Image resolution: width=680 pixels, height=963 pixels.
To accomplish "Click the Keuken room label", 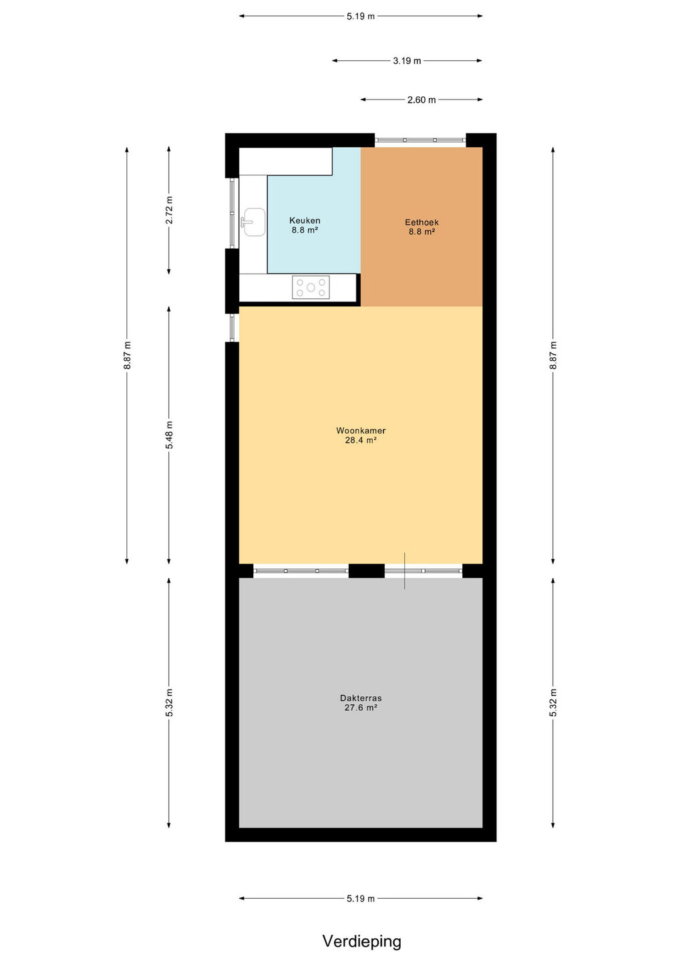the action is [x=305, y=221].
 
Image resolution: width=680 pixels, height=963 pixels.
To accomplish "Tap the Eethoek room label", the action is [x=421, y=222].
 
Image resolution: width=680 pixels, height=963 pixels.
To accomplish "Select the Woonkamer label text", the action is [x=361, y=431].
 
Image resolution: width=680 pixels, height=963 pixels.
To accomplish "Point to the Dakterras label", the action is [x=361, y=698].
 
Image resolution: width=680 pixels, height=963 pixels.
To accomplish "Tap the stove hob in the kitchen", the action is [x=311, y=287].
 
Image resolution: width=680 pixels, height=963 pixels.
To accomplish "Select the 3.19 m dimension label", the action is [x=407, y=61].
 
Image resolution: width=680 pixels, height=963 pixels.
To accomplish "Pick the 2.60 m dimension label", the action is [x=421, y=100].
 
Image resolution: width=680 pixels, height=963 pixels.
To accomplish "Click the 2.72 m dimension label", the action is [x=169, y=210].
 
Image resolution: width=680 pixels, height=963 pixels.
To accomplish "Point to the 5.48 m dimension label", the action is [x=169, y=435].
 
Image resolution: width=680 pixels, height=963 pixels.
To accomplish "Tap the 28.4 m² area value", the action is [x=361, y=440].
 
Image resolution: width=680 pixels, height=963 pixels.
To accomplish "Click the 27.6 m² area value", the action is [x=361, y=708].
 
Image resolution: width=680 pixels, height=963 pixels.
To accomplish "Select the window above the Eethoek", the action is [x=420, y=140].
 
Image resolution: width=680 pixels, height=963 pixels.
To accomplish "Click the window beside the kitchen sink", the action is [x=232, y=213].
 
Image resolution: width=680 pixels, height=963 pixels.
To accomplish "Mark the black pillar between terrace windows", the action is [x=366, y=571].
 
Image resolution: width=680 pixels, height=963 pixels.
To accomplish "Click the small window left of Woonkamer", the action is [x=232, y=328].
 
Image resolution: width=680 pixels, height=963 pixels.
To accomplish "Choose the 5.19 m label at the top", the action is [x=361, y=16].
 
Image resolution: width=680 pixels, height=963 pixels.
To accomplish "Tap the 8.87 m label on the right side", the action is [x=553, y=355].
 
